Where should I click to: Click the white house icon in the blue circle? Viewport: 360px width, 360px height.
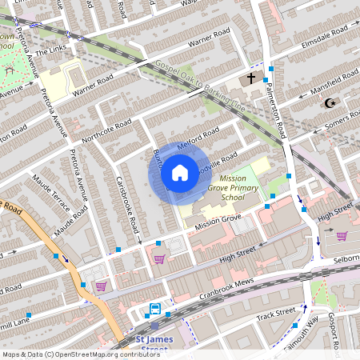pyautogui.click(x=180, y=172)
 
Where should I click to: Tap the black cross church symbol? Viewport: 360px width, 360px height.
pyautogui.click(x=251, y=78)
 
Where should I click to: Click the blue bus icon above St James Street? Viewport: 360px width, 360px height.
pyautogui.click(x=154, y=309)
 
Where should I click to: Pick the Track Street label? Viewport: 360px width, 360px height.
pyautogui.click(x=275, y=315)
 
